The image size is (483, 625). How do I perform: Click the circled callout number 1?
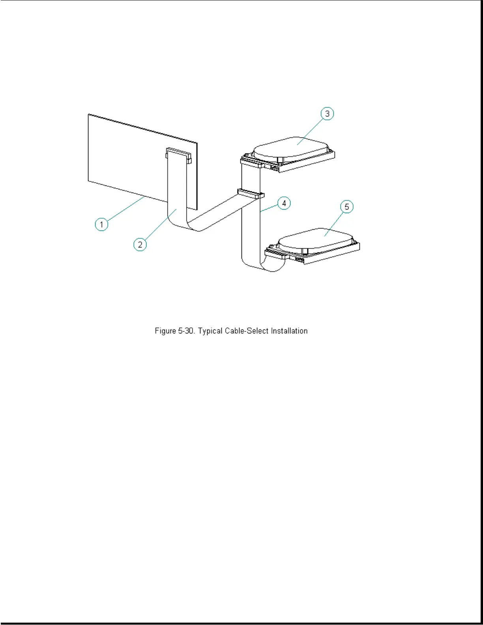point(101,225)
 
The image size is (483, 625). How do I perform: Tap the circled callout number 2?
point(140,245)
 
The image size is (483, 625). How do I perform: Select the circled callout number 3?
point(327,114)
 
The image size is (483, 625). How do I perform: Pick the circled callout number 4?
point(284,203)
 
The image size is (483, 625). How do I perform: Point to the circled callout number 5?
point(347,207)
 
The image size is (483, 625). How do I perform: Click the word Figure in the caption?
point(165,331)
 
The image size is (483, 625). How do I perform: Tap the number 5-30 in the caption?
point(187,331)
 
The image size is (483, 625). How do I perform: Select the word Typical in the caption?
point(210,331)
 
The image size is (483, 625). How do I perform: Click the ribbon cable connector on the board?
point(178,154)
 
